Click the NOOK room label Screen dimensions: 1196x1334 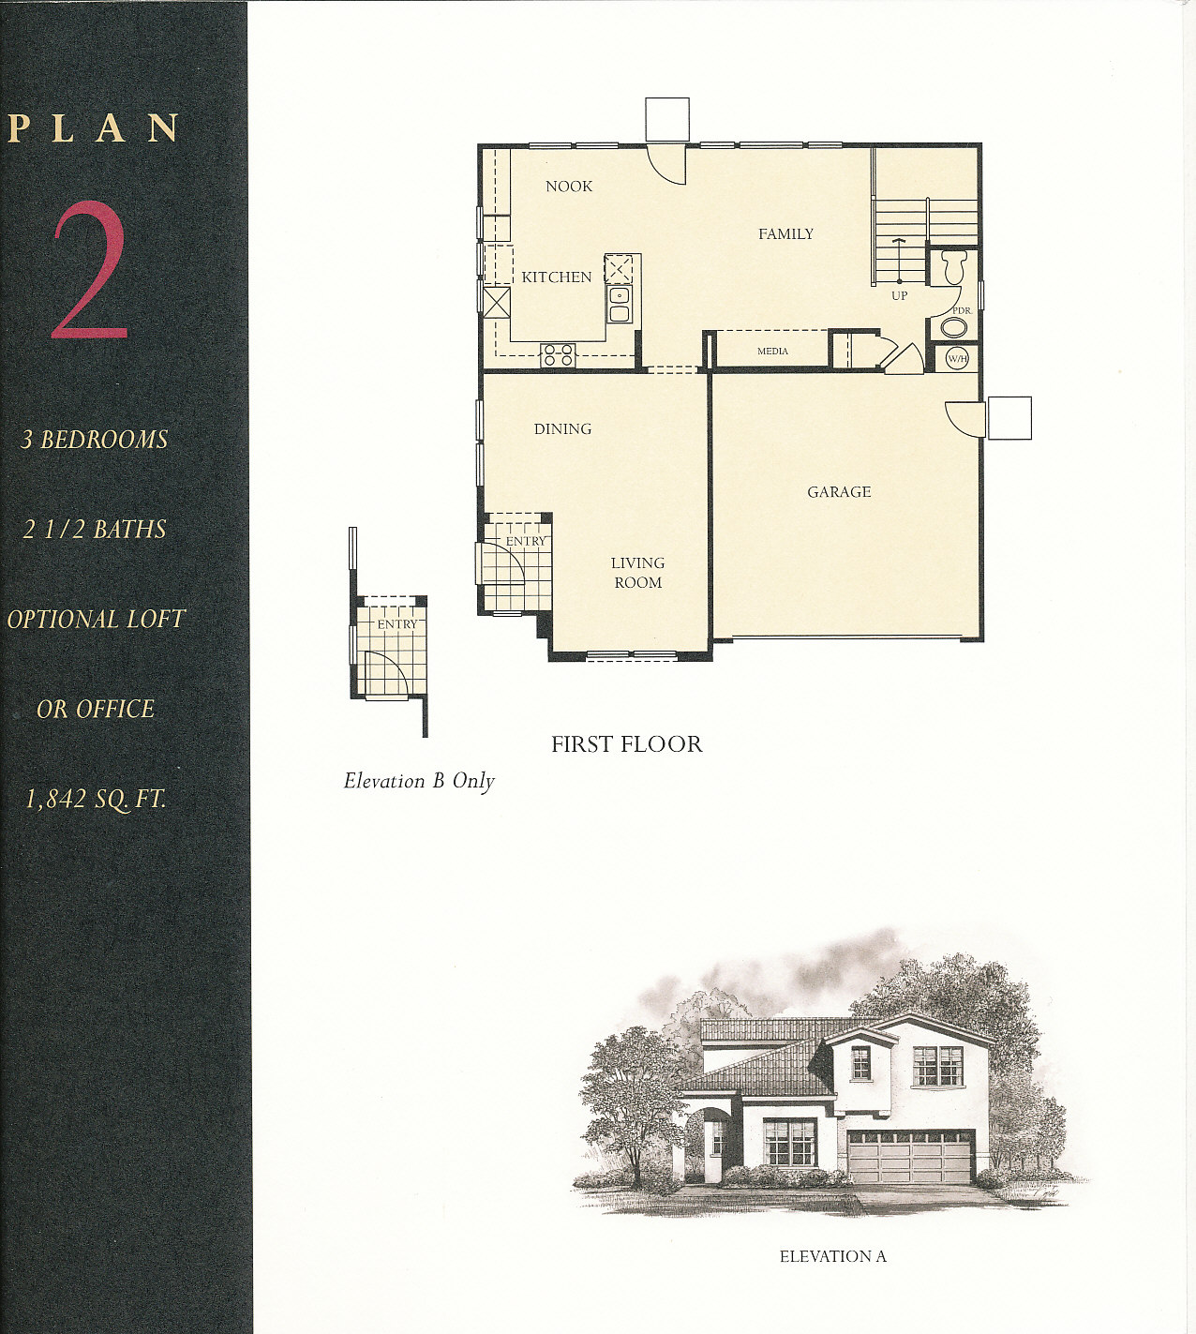coord(569,187)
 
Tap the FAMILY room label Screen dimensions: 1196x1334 coord(785,233)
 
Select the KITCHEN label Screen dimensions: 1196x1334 coord(556,277)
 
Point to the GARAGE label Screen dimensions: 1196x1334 coord(839,492)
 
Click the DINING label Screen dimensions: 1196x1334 coord(562,429)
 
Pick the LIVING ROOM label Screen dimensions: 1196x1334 coord(637,573)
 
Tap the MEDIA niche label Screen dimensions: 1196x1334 coord(772,352)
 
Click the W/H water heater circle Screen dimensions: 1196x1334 coord(956,359)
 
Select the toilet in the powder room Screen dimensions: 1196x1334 coord(952,266)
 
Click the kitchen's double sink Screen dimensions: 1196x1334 coord(619,305)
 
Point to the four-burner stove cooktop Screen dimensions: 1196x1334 coord(558,355)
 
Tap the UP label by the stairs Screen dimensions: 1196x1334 coord(899,295)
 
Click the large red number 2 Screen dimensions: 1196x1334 coord(90,270)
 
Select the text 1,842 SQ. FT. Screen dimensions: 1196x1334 coord(96,800)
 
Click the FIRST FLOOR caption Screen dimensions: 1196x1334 coord(627,744)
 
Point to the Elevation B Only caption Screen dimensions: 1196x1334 coord(419,782)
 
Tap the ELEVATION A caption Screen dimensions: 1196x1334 coord(832,1256)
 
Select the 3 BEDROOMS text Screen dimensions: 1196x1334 coord(95,440)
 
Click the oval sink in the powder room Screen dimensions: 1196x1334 coord(954,327)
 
